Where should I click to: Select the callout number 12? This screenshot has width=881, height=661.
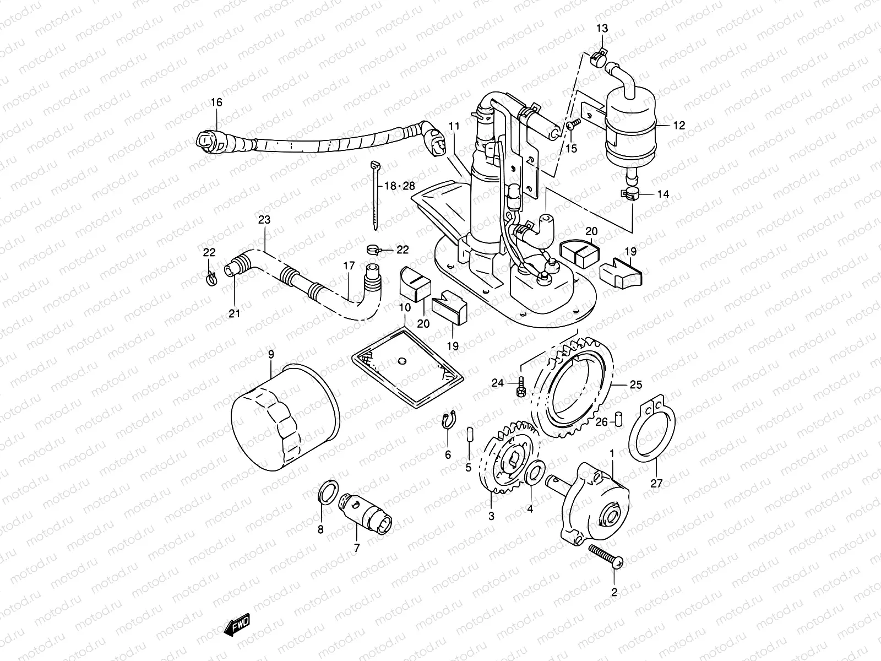(x=679, y=126)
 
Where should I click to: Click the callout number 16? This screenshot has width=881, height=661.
(x=216, y=102)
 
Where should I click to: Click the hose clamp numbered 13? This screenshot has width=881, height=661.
(x=599, y=56)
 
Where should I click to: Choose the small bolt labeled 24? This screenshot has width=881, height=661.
(x=520, y=386)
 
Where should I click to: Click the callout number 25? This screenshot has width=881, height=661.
(x=635, y=385)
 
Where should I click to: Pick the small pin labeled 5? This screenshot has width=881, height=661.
(x=470, y=435)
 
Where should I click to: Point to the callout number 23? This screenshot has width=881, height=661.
(x=264, y=220)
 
